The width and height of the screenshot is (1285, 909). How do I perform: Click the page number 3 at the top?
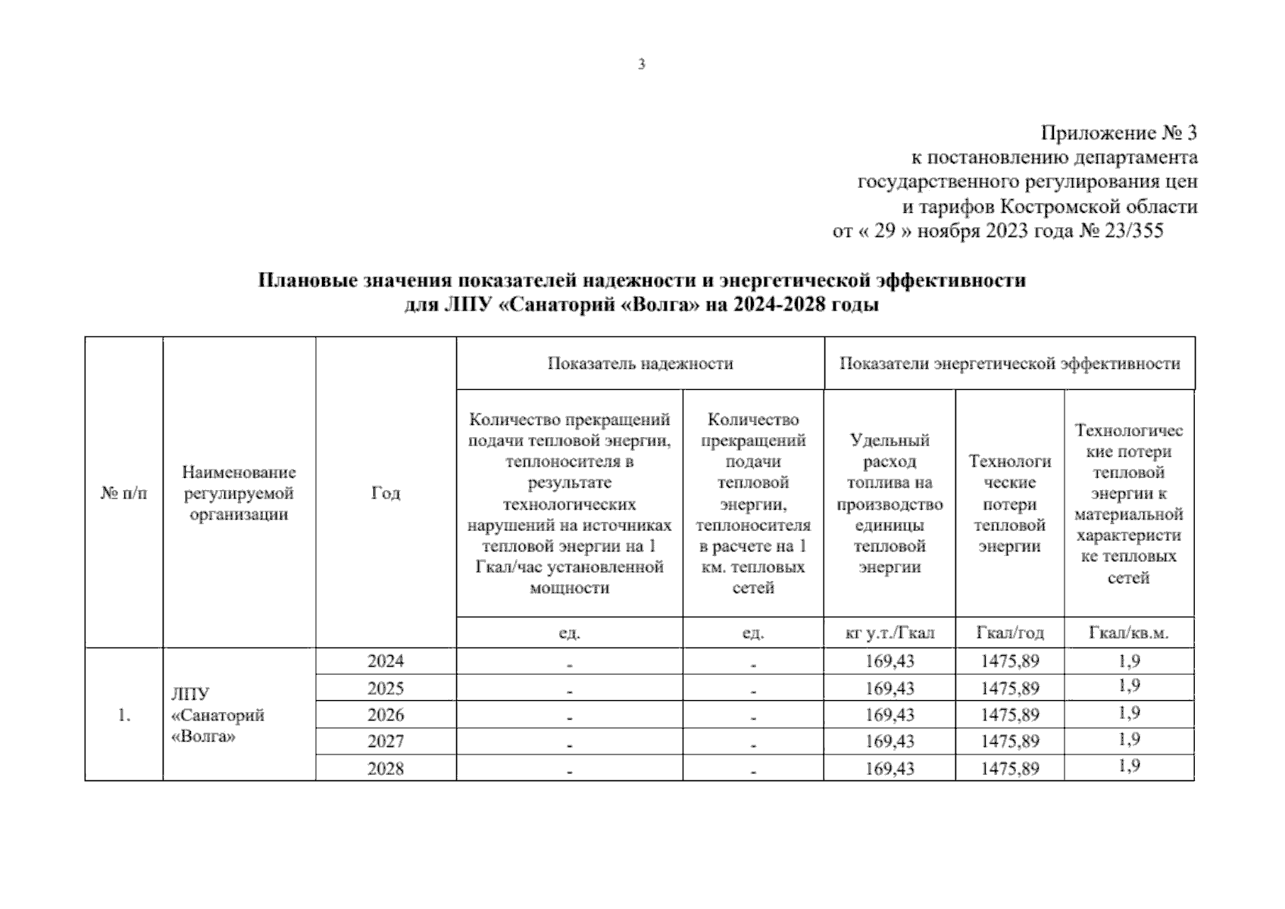[x=642, y=64]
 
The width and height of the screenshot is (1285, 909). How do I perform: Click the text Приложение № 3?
[x=1118, y=133]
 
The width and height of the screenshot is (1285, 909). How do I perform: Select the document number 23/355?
[x=1133, y=231]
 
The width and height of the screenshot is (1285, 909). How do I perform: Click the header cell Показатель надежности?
[x=640, y=364]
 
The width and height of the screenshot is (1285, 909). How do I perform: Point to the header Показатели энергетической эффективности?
[x=1009, y=364]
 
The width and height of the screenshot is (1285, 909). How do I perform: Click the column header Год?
[x=386, y=493]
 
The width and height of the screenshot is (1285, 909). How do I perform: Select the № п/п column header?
[x=123, y=493]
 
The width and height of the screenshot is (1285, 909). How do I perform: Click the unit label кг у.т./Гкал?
[x=889, y=633]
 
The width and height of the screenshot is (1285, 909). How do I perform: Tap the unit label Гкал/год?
[x=1009, y=633]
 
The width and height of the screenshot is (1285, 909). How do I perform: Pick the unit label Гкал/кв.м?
[x=1128, y=633]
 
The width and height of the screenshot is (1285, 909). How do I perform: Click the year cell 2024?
[x=386, y=661]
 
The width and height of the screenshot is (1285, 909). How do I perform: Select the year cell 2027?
[x=386, y=742]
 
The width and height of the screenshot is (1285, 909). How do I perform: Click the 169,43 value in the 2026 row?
[x=889, y=715]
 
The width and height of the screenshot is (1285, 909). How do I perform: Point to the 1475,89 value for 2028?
[x=1009, y=769]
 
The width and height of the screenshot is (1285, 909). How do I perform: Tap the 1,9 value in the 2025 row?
[x=1128, y=687]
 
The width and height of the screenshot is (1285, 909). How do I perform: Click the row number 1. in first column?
[x=123, y=715]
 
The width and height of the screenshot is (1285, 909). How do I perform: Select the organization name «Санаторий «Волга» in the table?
[x=217, y=716]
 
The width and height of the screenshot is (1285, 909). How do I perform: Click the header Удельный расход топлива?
[x=889, y=461]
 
